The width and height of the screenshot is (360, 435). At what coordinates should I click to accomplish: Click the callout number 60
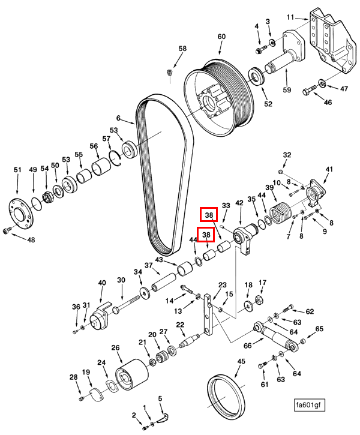tap(221, 37)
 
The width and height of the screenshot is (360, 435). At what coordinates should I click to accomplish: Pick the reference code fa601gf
tap(309, 406)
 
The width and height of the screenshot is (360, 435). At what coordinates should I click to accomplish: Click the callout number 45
tap(241, 362)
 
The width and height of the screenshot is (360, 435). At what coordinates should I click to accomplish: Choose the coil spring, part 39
tap(280, 214)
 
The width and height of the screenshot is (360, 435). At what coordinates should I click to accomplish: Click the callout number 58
tap(182, 49)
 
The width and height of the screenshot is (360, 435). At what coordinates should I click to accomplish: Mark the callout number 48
tap(31, 239)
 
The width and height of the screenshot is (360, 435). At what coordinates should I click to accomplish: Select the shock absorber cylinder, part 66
tap(276, 337)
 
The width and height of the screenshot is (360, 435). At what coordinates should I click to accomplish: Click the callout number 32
tap(287, 155)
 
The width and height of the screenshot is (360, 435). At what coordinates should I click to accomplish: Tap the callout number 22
tap(179, 325)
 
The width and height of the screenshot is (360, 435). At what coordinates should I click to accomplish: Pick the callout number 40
tap(101, 283)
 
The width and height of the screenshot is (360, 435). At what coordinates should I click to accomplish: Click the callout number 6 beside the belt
tap(118, 118)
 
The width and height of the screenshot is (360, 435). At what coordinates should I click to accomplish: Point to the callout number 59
tap(287, 90)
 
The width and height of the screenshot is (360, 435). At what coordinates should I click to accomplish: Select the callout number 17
tap(262, 283)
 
